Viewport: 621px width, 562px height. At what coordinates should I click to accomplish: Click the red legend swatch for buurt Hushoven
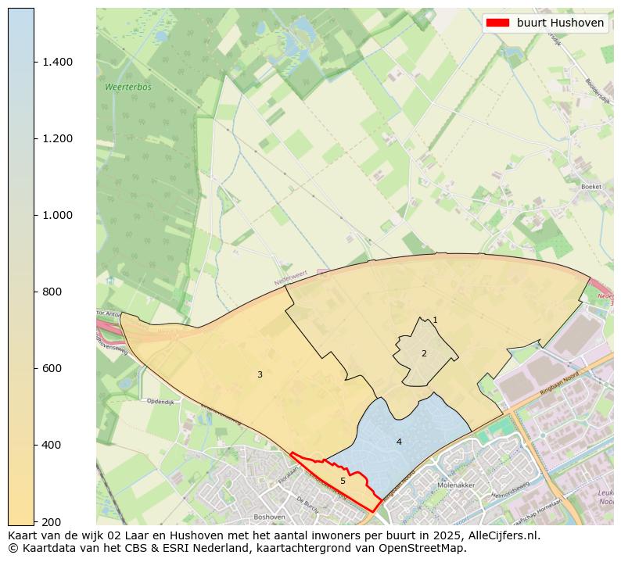(497, 23)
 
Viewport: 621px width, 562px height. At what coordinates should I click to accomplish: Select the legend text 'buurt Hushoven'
(560, 23)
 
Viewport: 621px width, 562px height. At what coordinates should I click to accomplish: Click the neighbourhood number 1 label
(435, 320)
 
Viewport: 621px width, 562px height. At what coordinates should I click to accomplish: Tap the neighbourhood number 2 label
(424, 353)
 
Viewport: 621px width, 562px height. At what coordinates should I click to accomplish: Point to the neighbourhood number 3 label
(260, 374)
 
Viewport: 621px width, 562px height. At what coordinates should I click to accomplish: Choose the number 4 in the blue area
(399, 442)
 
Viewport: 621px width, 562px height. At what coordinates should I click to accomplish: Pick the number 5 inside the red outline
(343, 481)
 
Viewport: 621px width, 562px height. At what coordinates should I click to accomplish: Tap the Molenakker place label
(457, 485)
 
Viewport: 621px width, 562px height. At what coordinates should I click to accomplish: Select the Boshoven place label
(269, 517)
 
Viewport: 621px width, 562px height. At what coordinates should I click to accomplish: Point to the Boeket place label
(591, 187)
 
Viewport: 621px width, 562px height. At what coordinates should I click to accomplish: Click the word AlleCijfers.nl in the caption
(497, 535)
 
